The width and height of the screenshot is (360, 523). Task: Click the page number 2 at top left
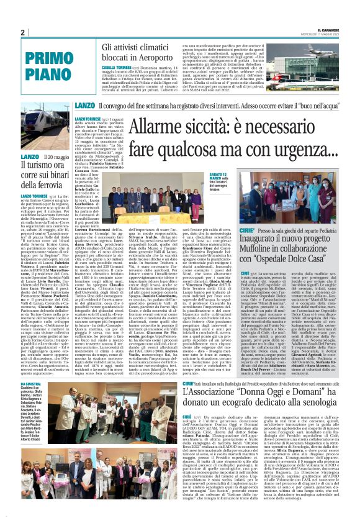pyautogui.click(x=22, y=32)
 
